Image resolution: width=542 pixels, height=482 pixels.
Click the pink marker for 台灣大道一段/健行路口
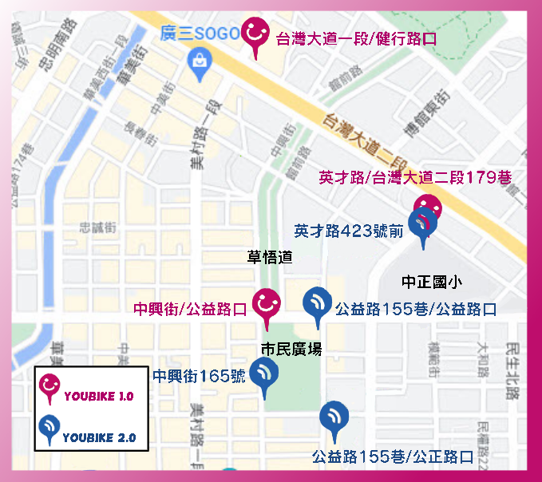(x=255, y=36)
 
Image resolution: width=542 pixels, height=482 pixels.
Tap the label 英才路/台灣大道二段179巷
(x=415, y=177)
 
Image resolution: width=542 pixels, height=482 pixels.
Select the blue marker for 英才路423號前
(x=421, y=223)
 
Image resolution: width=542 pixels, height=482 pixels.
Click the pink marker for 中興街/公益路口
(x=267, y=306)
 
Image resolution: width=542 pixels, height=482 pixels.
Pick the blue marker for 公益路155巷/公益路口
(x=318, y=304)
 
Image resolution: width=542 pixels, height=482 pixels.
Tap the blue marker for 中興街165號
(x=263, y=374)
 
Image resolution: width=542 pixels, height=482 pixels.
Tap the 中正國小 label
(x=432, y=282)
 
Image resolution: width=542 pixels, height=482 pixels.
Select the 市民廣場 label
(x=291, y=348)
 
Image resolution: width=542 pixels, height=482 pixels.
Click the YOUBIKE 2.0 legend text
(x=99, y=437)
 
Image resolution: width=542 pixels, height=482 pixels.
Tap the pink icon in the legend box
(x=51, y=388)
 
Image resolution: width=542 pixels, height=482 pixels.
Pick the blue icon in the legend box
(x=50, y=430)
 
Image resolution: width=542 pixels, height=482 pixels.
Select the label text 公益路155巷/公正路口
(x=393, y=457)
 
